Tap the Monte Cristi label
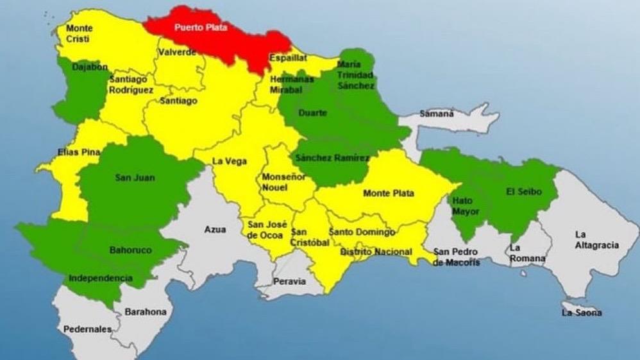point(79,33)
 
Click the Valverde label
point(178,52)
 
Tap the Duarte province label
point(313,113)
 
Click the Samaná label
point(437,114)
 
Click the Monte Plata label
point(389,193)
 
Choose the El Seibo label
point(524,192)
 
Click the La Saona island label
point(582,313)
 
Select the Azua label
point(215,229)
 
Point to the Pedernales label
point(87,329)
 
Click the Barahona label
point(146,312)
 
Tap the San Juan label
point(135,177)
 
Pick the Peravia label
point(290,281)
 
